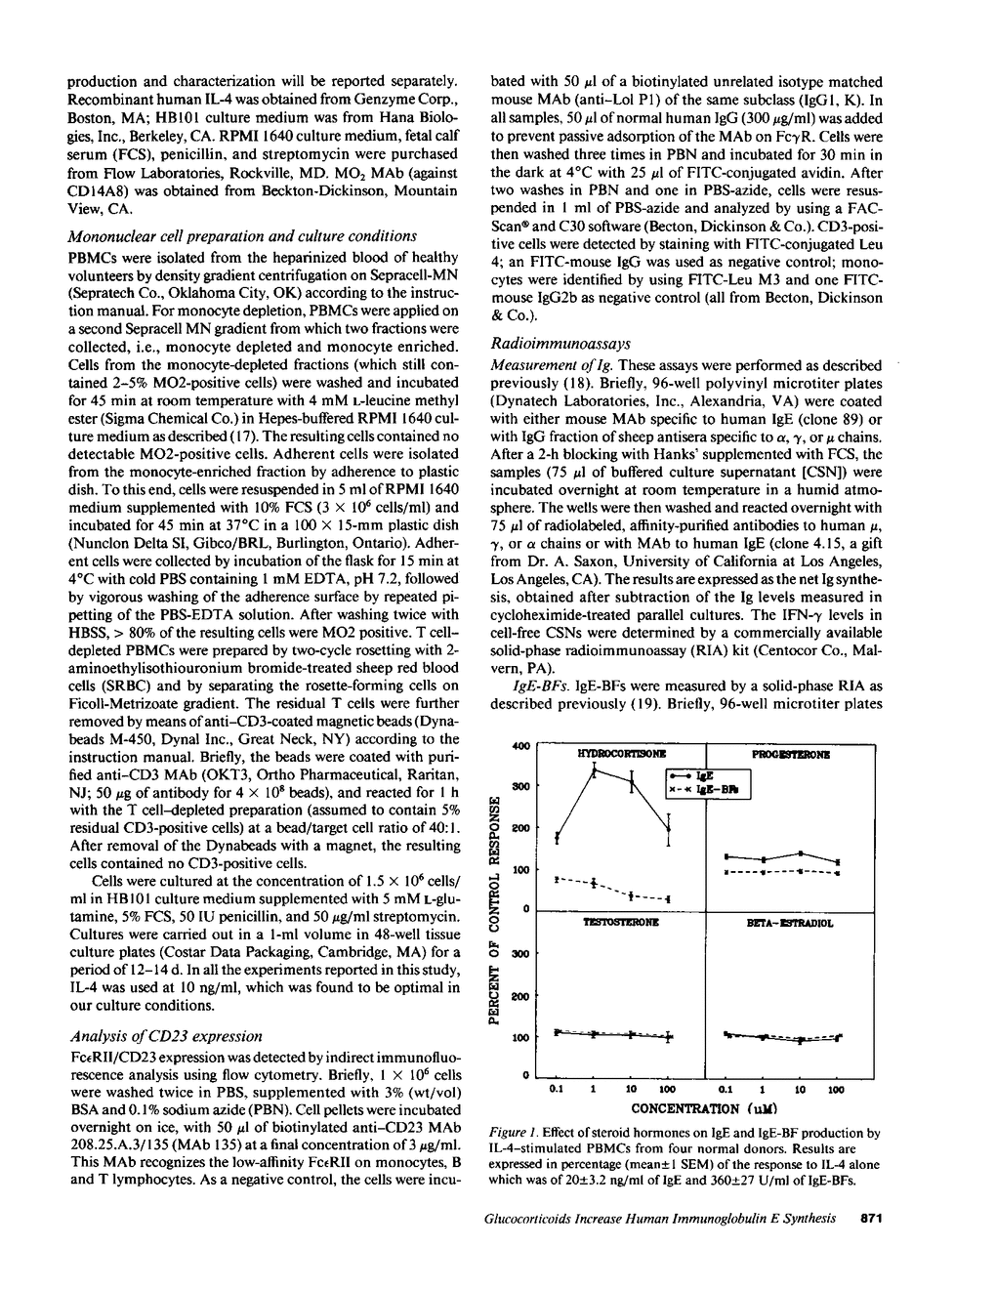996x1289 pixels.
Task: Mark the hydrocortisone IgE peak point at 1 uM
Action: pyautogui.click(x=594, y=771)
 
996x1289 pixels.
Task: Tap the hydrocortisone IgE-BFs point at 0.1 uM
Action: pyautogui.click(x=557, y=879)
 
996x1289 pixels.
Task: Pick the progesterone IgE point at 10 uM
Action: pyautogui.click(x=801, y=853)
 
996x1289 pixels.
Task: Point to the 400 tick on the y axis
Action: pyautogui.click(x=521, y=746)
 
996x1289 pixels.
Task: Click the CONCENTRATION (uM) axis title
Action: pyautogui.click(x=697, y=1108)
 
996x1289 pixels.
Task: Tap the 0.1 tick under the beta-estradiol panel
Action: pyautogui.click(x=726, y=1088)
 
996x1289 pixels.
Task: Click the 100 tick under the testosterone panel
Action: pyautogui.click(x=668, y=1088)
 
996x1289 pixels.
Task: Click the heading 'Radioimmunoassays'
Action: pyautogui.click(x=560, y=344)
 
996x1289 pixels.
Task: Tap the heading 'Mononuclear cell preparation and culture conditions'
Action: pyautogui.click(x=242, y=235)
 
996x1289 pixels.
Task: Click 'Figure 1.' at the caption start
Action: pyautogui.click(x=512, y=1133)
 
